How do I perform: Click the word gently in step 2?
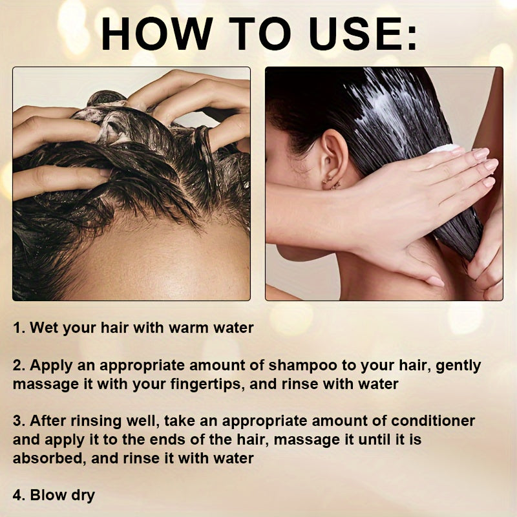(x=458, y=366)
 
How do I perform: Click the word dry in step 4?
(x=82, y=496)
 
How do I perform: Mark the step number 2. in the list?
(x=19, y=366)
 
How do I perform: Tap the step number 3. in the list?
(x=19, y=421)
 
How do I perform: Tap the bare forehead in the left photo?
(x=162, y=258)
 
